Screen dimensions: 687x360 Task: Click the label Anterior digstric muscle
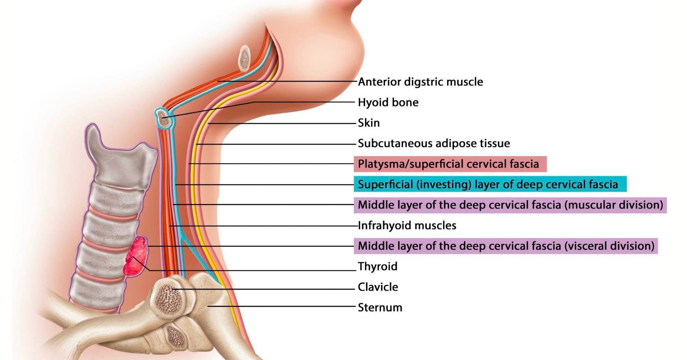420,82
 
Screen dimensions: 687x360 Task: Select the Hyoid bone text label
388,102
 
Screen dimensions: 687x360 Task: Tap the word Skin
369,123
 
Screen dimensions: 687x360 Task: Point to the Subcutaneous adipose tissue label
434,143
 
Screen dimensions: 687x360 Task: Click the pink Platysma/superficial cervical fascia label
450,164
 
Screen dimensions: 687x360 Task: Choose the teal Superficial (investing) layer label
490,184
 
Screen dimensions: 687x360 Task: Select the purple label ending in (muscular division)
510,205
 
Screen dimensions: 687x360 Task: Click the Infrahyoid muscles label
407,225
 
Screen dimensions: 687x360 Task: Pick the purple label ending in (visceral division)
506,246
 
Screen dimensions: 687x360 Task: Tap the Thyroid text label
377,266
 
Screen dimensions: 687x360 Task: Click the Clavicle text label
378,287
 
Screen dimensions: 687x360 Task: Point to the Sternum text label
380,307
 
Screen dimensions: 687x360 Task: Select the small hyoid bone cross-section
162,118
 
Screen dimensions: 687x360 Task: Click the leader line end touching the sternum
208,306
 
